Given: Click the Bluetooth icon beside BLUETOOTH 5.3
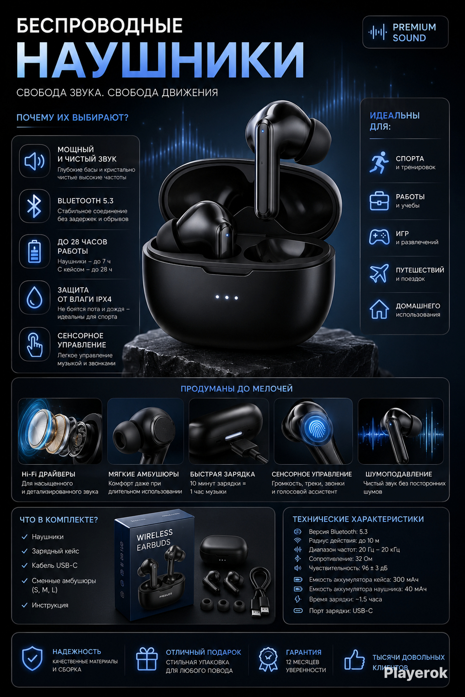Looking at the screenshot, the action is [x=34, y=206].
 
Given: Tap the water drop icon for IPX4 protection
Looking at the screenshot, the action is [x=34, y=297].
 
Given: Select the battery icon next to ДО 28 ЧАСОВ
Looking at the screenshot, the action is [x=34, y=251].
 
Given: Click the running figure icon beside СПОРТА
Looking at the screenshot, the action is [x=379, y=162].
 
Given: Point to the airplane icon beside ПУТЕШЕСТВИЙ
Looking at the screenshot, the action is [x=379, y=273].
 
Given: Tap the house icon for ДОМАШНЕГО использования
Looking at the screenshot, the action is [x=379, y=309].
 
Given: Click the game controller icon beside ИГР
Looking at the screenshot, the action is [x=379, y=237].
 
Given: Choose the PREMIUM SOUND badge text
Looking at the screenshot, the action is [x=414, y=33].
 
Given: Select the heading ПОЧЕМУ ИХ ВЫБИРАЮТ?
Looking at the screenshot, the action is [x=72, y=118].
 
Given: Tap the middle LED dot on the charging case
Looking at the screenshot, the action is [x=227, y=297].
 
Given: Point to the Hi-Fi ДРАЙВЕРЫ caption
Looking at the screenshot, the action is [x=48, y=474].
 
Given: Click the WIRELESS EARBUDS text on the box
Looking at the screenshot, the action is [x=154, y=540].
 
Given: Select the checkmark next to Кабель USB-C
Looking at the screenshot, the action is [x=25, y=565].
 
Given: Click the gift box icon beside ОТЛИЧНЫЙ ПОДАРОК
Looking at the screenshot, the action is [x=146, y=659].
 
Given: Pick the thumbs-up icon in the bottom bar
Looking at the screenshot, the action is [x=354, y=659].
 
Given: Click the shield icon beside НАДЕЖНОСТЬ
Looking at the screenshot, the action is [x=33, y=658].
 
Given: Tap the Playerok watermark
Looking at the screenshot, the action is [x=416, y=674].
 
